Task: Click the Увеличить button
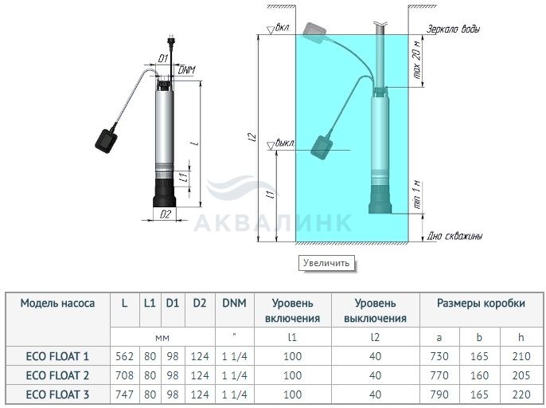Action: (x=326, y=263)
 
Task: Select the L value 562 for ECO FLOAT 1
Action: (x=124, y=356)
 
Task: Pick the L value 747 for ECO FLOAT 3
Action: (x=124, y=394)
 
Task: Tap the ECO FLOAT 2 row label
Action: (x=57, y=375)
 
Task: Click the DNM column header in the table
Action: (x=234, y=303)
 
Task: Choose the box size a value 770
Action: (x=439, y=375)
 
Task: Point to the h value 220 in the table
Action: (x=521, y=394)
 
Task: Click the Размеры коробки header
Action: (x=481, y=303)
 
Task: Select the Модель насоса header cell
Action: (x=57, y=303)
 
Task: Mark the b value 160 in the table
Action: (x=479, y=375)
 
